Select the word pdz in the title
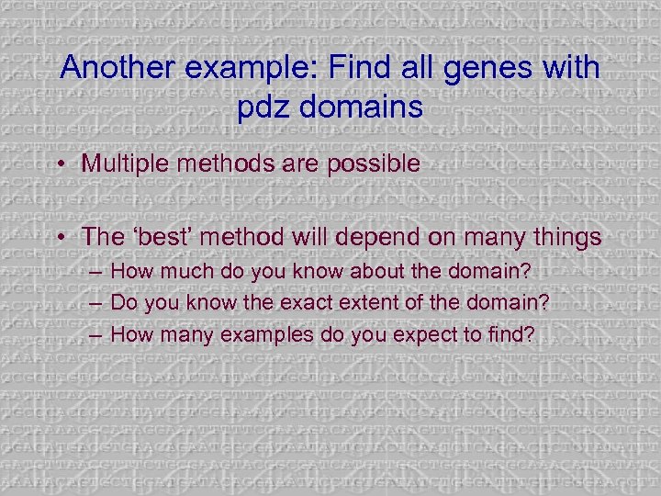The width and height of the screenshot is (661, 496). pyautogui.click(x=263, y=107)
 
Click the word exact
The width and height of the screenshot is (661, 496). pyautogui.click(x=298, y=302)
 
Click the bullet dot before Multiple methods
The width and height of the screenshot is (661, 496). pyautogui.click(x=59, y=166)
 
